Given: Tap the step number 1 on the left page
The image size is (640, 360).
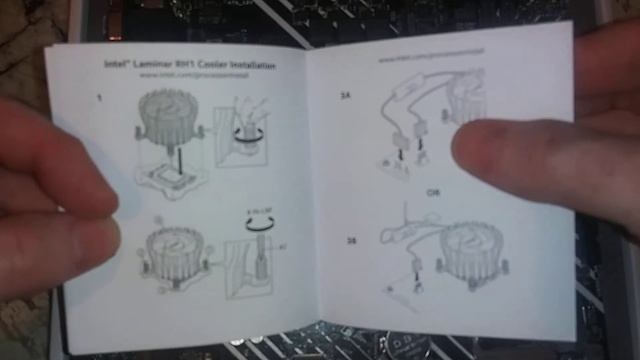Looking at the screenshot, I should [x=98, y=97].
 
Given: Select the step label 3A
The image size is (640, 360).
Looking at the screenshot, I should [x=346, y=98].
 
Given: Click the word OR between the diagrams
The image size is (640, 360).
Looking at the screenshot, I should [x=433, y=191].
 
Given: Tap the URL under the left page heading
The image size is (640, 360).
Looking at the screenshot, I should [x=190, y=75].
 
